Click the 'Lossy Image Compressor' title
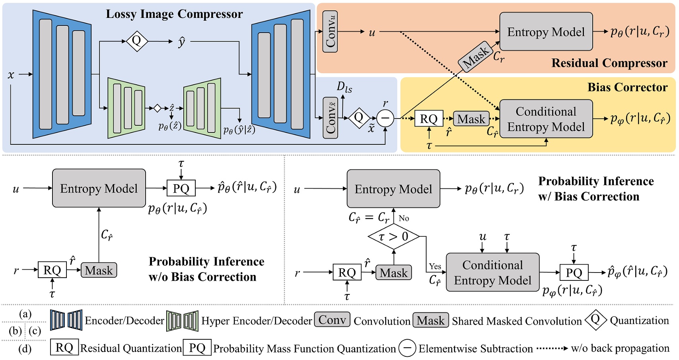pos(174,14)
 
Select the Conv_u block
pos(330,31)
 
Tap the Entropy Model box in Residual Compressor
pos(546,32)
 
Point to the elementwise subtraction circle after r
pos(385,118)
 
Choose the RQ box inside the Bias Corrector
pos(428,119)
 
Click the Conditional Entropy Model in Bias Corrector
pos(546,119)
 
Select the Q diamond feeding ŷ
pos(136,41)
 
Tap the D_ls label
pos(344,87)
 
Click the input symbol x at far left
pos(11,74)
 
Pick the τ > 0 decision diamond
pos(393,237)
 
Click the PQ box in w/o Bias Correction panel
pos(181,188)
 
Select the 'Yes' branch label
pos(435,266)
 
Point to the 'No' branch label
pos(404,218)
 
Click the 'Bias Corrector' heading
pos(627,87)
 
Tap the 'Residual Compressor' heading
pos(609,63)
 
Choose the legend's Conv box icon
pos(332,320)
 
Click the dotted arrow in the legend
pos(552,348)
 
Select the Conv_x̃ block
pos(330,118)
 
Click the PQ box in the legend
pos(197,348)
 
